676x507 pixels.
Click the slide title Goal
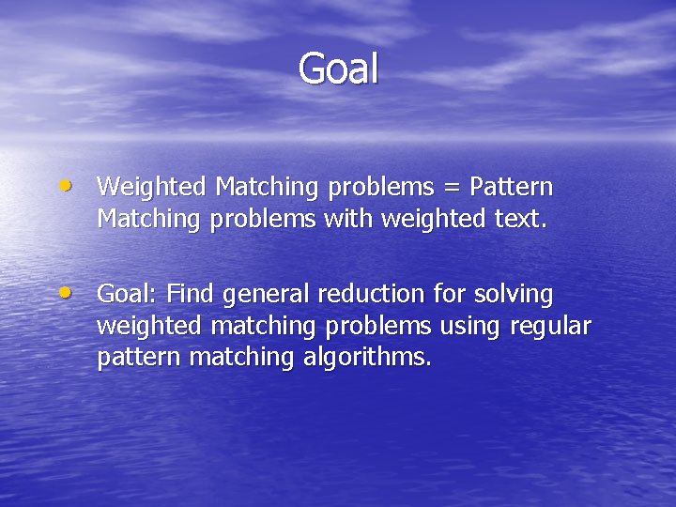point(338,69)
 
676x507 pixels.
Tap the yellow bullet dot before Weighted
point(73,184)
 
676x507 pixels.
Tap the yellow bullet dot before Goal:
point(73,291)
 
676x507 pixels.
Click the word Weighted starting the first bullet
point(153,188)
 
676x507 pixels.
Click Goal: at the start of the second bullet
point(129,295)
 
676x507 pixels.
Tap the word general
point(266,296)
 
